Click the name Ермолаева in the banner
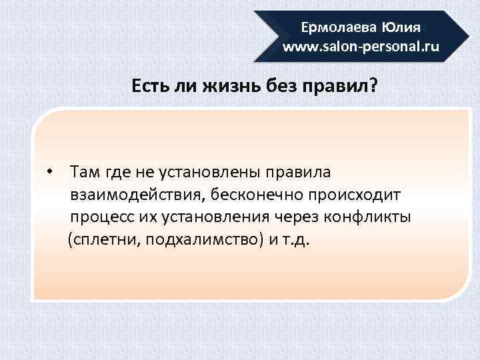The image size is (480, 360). pyautogui.click(x=339, y=28)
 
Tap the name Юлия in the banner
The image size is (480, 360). pyautogui.click(x=401, y=28)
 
